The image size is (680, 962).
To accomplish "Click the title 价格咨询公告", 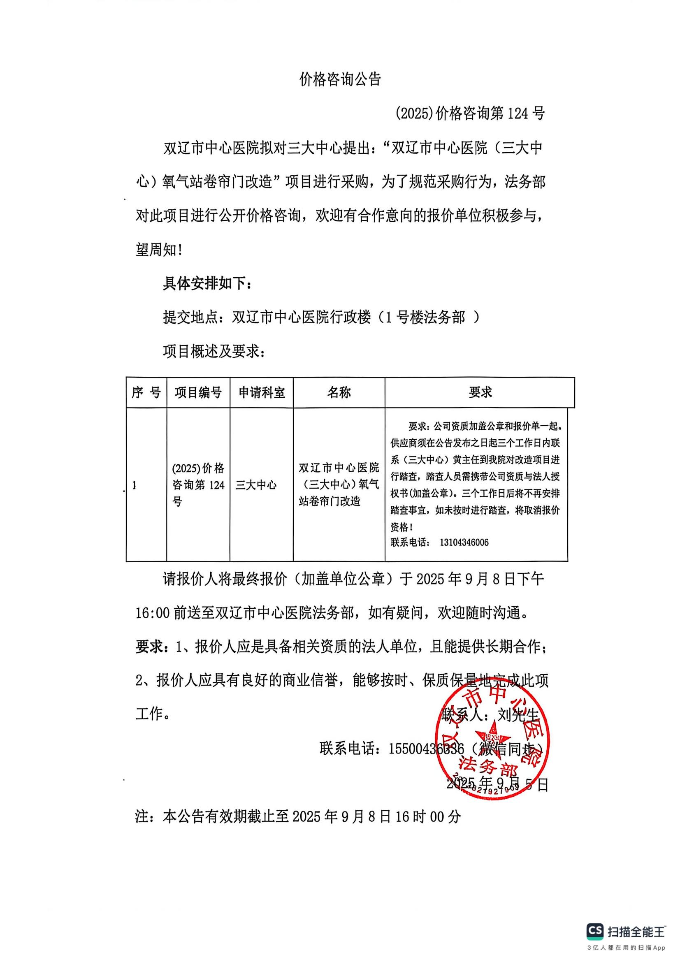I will point(340,79).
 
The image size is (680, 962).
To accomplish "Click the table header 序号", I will point(146,393).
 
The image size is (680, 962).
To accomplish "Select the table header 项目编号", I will point(198,393).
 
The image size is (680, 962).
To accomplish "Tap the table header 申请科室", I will point(262,393).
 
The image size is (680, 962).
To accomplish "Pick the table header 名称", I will point(339,393).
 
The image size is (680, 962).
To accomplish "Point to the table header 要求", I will point(480,392).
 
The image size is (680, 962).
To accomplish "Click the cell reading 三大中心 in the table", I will point(256,485).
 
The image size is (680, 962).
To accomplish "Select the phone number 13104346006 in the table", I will point(464,542).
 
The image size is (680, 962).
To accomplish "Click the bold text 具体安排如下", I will point(207,284).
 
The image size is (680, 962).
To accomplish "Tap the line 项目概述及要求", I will point(214,352).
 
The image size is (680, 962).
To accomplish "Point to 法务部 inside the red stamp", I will point(488,766).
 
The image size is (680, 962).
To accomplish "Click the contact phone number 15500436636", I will point(426,749).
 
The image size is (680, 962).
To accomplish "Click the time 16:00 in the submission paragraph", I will point(153,613).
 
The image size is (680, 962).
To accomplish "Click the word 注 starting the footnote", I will point(142,816).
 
